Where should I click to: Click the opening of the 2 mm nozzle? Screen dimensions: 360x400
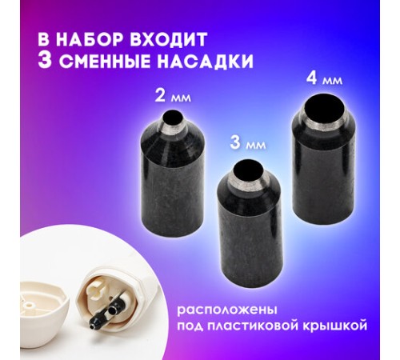pos(170,122)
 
